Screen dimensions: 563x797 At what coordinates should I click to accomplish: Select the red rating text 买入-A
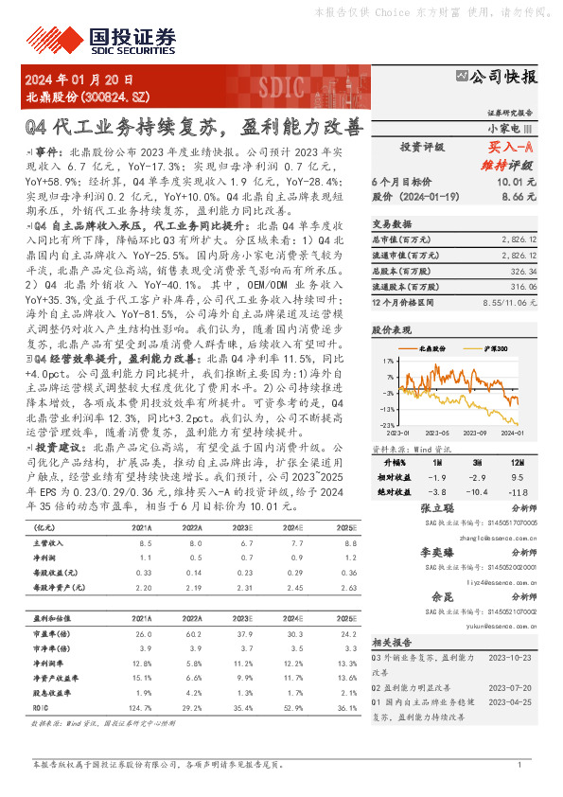(511, 148)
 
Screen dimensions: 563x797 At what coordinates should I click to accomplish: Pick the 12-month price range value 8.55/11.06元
(511, 301)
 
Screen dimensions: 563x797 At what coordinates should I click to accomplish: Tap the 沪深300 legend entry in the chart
(493, 349)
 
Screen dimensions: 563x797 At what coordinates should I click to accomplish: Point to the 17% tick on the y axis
(389, 361)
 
